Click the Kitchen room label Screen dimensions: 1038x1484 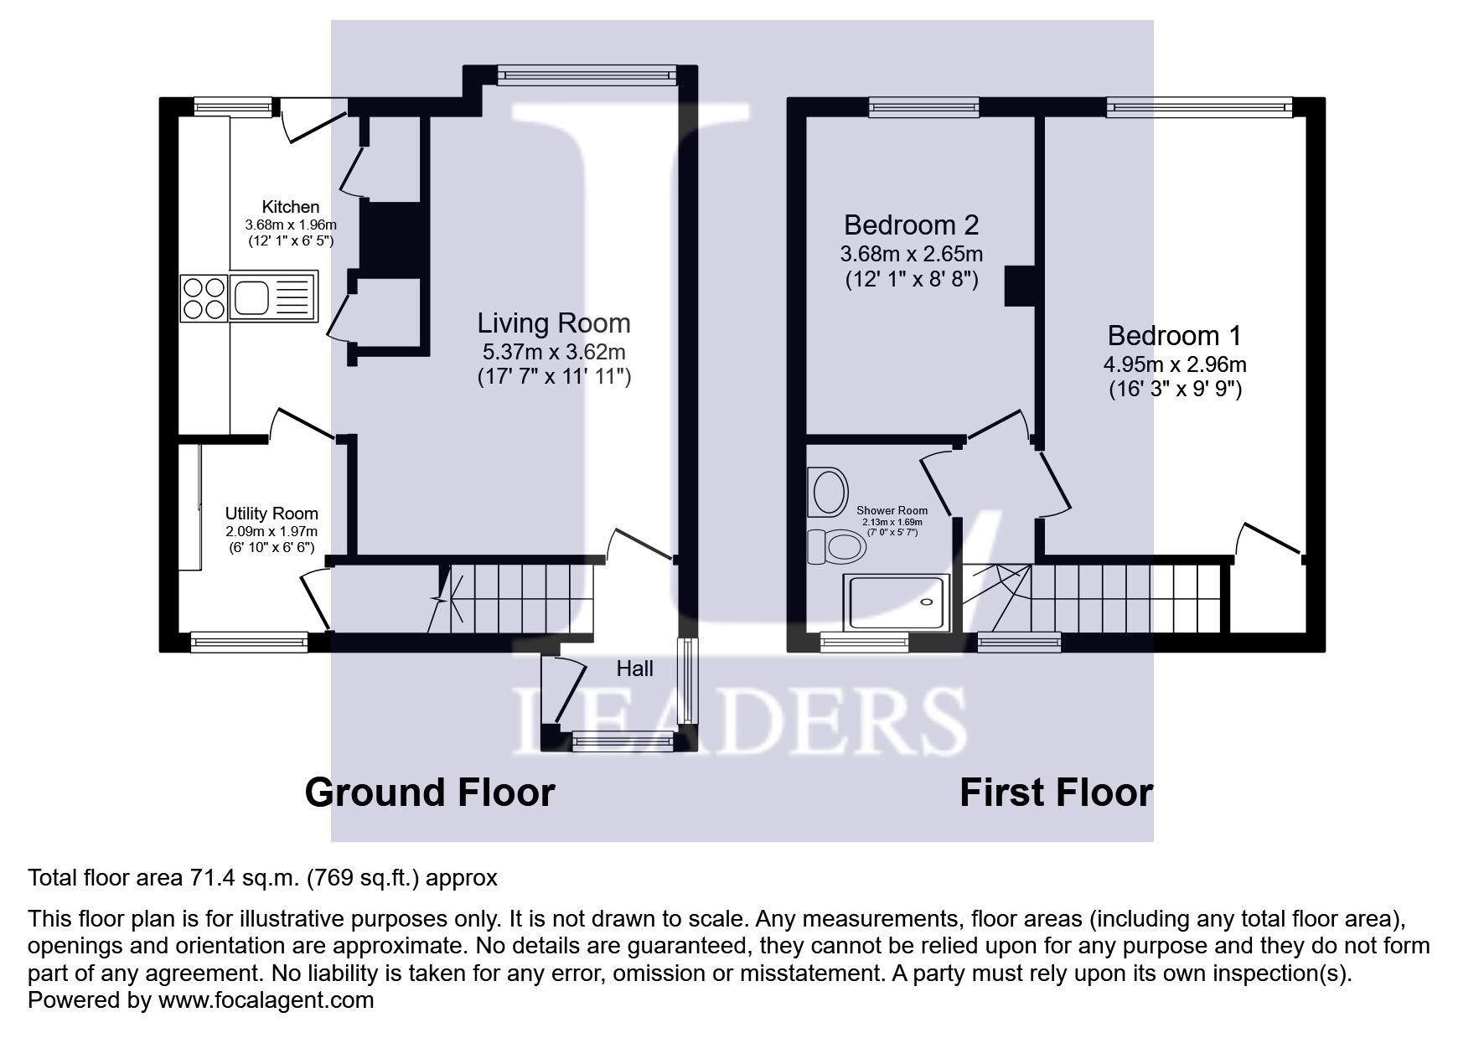point(290,207)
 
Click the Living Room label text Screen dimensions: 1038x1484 point(553,323)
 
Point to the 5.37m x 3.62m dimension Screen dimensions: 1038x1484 point(553,352)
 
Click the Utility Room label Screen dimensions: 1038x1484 point(271,514)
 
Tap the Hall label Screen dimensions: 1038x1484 point(634,669)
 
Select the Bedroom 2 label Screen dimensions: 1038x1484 point(911,225)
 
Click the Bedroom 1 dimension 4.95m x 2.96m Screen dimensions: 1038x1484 point(1174,364)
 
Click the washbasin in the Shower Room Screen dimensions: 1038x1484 point(828,492)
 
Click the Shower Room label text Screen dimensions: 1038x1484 point(892,510)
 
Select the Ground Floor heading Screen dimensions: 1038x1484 point(429,792)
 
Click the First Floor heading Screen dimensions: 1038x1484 point(1055,792)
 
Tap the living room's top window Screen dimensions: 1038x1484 point(587,76)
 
